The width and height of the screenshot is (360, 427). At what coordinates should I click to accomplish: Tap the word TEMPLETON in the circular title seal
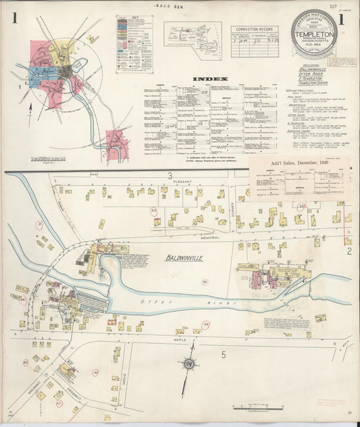coord(314,32)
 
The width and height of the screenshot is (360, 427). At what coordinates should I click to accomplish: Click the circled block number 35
coord(205,282)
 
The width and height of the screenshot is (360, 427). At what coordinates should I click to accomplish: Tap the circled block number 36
coord(205,325)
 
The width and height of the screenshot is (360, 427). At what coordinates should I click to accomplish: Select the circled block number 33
coord(302,205)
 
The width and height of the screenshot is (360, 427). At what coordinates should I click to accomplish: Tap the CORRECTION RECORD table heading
coord(254,30)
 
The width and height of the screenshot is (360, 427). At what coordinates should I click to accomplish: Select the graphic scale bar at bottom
coord(257,407)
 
